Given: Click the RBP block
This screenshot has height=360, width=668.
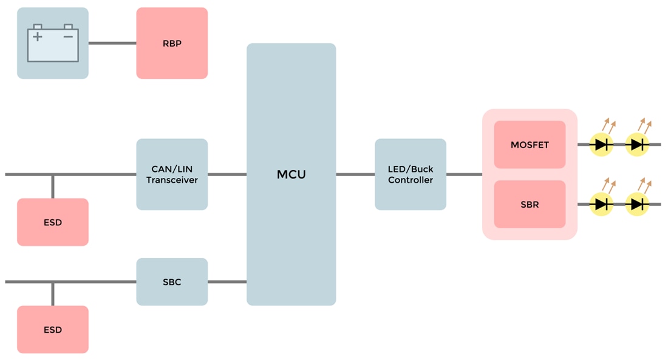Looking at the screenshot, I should pyautogui.click(x=172, y=43).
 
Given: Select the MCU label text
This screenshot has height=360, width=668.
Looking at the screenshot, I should pyautogui.click(x=291, y=175).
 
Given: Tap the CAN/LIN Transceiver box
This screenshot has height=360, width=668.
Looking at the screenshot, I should pyautogui.click(x=172, y=174).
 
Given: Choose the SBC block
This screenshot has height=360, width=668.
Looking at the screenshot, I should pyautogui.click(x=172, y=282).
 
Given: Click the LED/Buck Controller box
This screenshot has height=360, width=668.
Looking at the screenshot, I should pyautogui.click(x=411, y=174).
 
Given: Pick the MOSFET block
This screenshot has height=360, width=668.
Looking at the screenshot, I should pyautogui.click(x=530, y=144).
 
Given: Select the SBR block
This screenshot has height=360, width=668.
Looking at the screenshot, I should pyautogui.click(x=530, y=205).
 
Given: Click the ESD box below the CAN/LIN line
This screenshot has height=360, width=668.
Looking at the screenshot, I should pyautogui.click(x=53, y=222).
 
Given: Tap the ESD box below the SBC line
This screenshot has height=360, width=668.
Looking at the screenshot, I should pyautogui.click(x=53, y=330).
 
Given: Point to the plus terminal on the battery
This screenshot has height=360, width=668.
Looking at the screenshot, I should pyautogui.click(x=38, y=37).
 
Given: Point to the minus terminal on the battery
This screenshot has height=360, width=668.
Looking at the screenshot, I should pyautogui.click(x=68, y=37).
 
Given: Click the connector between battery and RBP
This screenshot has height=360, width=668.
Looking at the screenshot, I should pyautogui.click(x=112, y=43).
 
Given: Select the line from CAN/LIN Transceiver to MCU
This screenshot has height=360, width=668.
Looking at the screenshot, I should pyautogui.click(x=227, y=174).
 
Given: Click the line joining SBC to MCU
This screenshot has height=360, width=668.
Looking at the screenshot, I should pyautogui.click(x=227, y=282).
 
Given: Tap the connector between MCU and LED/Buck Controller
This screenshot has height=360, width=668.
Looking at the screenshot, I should pyautogui.click(x=355, y=174).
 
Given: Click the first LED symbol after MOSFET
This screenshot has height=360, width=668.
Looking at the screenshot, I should pyautogui.click(x=602, y=144).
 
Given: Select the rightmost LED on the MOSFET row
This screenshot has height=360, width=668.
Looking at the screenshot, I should pyautogui.click(x=637, y=144).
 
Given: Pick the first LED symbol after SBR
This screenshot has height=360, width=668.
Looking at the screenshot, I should pyautogui.click(x=602, y=204).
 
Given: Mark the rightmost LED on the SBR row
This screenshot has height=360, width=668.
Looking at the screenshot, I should pyautogui.click(x=637, y=204).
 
